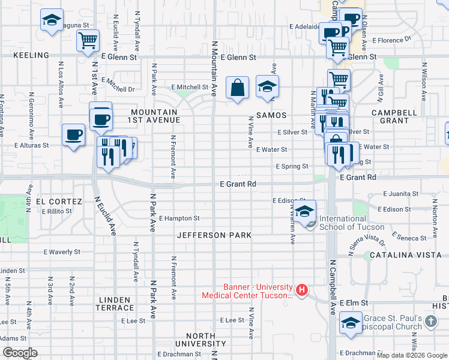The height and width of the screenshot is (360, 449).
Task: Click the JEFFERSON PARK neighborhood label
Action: pos(214,235)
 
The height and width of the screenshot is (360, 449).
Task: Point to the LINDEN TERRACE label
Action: pos(114,304)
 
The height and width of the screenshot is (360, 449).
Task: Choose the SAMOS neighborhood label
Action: pos(271,115)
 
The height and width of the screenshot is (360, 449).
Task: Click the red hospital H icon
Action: pos(302,291)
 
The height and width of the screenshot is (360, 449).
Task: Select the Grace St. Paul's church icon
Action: pos(430,322)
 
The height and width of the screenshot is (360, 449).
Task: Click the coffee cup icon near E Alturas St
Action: pos(74,136)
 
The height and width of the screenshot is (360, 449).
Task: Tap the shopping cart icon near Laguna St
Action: pos(88,41)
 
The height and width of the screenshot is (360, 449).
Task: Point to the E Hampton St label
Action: pos(179,218)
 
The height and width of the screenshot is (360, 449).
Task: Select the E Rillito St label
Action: pos(56,211)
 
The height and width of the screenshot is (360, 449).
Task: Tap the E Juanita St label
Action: pos(400,194)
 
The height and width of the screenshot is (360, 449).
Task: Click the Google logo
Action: pos(20,353)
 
